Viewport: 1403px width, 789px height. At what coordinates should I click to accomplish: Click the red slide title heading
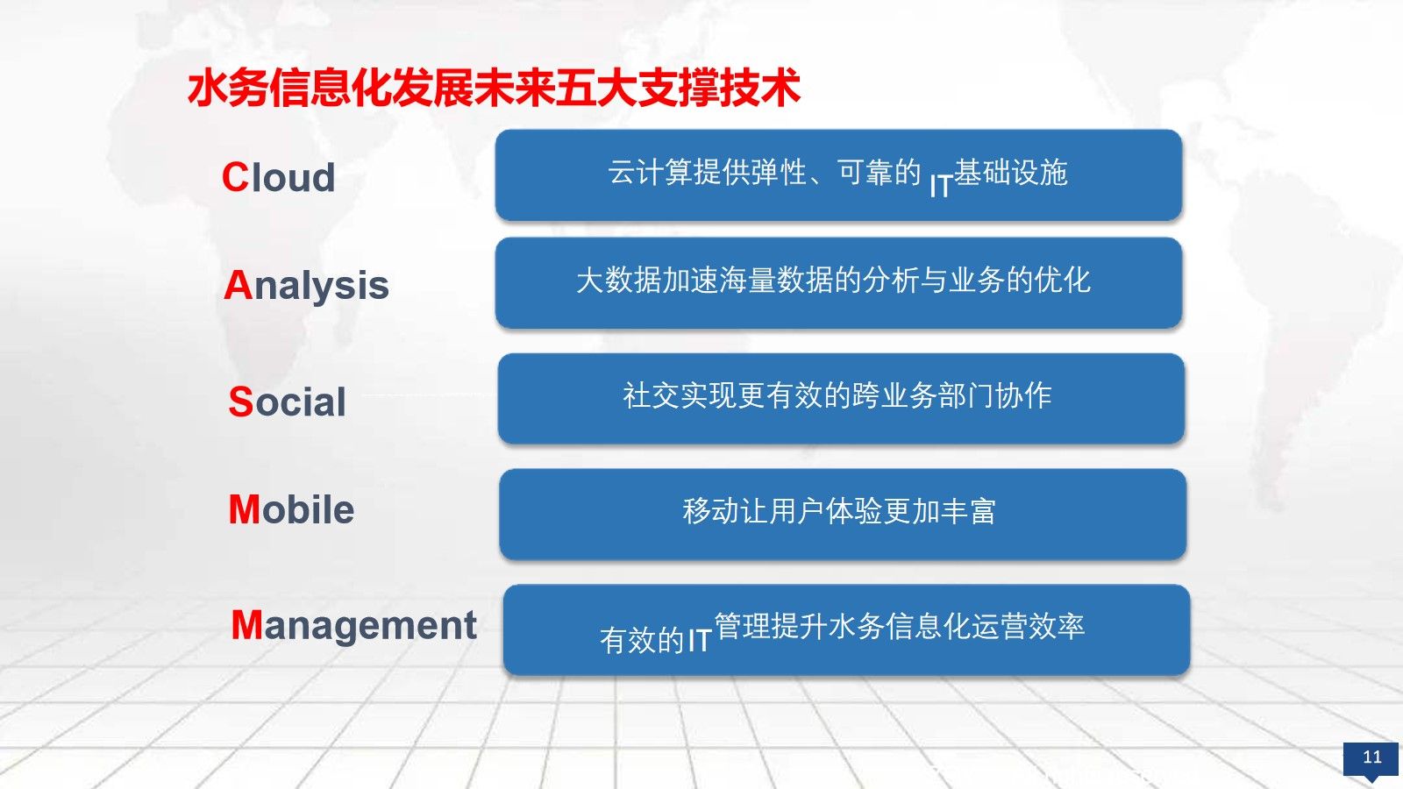point(494,89)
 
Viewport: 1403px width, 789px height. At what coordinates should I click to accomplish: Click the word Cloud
point(279,177)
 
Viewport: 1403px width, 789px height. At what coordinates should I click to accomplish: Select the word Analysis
point(306,287)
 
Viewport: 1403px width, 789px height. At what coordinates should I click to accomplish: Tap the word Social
point(288,402)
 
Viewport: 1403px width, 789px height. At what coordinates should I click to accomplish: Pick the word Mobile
point(292,509)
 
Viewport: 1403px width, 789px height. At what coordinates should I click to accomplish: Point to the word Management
point(354,626)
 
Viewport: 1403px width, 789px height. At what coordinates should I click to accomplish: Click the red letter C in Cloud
point(236,177)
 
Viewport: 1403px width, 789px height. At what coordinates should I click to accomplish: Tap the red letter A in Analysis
point(238,286)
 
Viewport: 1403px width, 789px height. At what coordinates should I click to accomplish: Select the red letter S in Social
point(241,402)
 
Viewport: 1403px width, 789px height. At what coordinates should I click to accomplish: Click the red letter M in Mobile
point(245,509)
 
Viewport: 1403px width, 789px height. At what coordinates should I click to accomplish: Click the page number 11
point(1371,757)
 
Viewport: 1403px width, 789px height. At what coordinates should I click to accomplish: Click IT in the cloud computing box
point(941,187)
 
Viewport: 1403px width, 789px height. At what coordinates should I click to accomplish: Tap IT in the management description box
point(700,641)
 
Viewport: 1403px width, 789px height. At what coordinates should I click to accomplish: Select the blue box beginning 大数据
point(838,283)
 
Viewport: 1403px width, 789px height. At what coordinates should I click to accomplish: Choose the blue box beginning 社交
point(841,399)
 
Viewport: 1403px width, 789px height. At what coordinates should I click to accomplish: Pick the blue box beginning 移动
point(843,514)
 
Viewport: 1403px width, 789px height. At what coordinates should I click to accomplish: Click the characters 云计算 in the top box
point(650,172)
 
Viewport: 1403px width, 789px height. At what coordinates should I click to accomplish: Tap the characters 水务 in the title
point(228,89)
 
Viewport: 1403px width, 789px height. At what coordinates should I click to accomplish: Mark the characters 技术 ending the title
point(759,89)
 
